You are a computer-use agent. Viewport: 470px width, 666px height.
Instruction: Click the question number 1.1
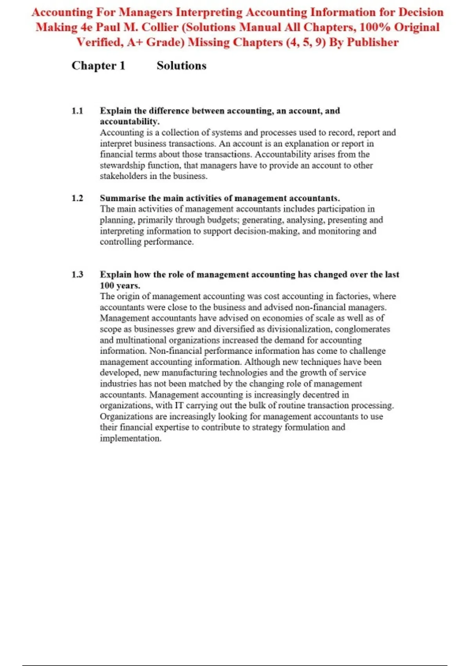(77, 111)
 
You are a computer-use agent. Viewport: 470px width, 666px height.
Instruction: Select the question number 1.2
(77, 198)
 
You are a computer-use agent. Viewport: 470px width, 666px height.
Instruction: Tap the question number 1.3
(77, 275)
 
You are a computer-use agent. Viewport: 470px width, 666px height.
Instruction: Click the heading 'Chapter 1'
(98, 65)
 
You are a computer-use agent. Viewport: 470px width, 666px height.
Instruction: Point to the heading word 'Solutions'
(181, 65)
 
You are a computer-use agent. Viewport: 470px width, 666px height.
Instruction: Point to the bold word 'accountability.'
(130, 121)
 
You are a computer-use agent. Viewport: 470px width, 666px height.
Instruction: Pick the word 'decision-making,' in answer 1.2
(267, 231)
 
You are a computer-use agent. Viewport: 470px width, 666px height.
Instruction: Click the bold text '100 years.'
(120, 286)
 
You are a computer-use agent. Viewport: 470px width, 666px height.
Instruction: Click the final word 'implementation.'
(130, 438)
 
